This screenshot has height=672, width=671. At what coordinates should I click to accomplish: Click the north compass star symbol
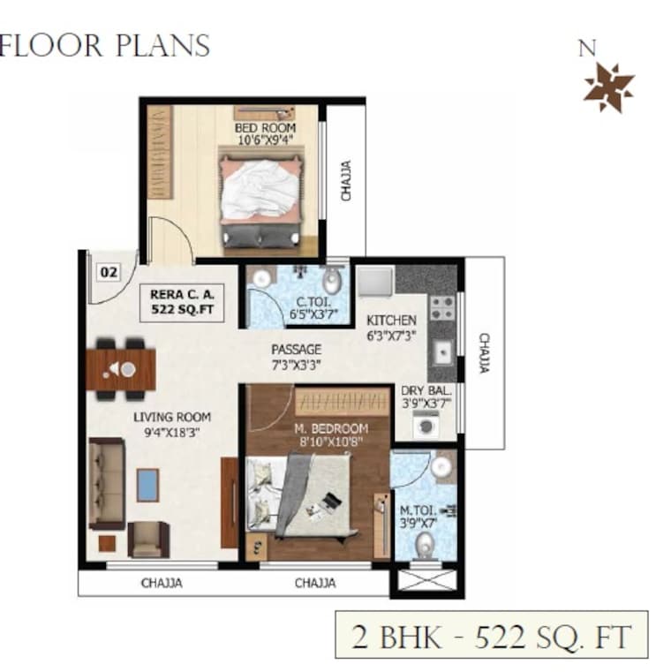coord(609,87)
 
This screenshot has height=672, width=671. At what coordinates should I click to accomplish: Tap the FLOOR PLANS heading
coord(104,45)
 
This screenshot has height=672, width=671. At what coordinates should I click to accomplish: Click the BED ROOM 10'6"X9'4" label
coord(265,133)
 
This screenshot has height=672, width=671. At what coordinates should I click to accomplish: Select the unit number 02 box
coord(109,272)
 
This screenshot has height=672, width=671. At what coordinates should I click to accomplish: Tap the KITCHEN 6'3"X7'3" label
coord(391,327)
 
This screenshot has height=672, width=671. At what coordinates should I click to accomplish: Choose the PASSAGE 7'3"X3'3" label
coord(297,356)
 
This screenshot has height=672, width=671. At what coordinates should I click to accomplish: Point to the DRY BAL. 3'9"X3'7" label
coord(427,396)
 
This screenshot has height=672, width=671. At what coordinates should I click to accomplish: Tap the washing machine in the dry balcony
coord(426,426)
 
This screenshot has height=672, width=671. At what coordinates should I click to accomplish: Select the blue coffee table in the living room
coord(148,485)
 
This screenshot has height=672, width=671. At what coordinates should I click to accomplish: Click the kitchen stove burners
coord(441,307)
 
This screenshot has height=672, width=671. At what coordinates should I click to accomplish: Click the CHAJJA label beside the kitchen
coord(484,352)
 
